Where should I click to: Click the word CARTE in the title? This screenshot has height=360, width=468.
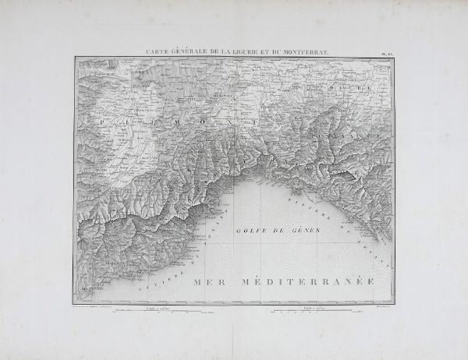pyautogui.click(x=158, y=51)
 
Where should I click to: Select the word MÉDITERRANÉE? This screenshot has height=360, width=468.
pyautogui.click(x=307, y=281)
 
